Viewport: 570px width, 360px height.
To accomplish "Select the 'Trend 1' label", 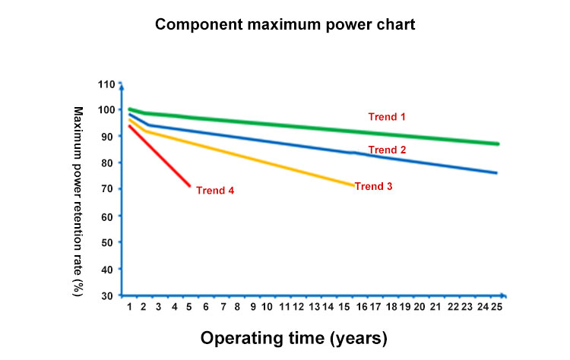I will tap(388, 117).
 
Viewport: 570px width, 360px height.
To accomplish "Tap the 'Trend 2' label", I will tap(388, 150).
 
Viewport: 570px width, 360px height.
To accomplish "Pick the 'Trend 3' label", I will tap(373, 186).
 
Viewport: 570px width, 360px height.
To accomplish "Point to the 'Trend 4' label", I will tap(215, 190).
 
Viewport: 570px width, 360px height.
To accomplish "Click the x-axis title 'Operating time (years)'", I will tap(294, 337).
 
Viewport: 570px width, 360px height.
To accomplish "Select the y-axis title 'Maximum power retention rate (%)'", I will tap(78, 201).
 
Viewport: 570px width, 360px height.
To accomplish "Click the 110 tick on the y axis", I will tap(106, 84).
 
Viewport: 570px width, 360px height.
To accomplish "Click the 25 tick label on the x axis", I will tap(497, 307).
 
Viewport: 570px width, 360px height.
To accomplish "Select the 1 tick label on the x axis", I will tap(130, 307).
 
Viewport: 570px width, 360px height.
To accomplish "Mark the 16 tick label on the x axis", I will tap(362, 307).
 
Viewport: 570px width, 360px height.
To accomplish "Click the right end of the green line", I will tap(498, 144).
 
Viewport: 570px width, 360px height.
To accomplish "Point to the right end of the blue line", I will tap(496, 173).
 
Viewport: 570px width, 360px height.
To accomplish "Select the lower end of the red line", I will tap(189, 185).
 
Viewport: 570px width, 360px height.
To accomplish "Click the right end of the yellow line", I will tap(353, 185).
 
